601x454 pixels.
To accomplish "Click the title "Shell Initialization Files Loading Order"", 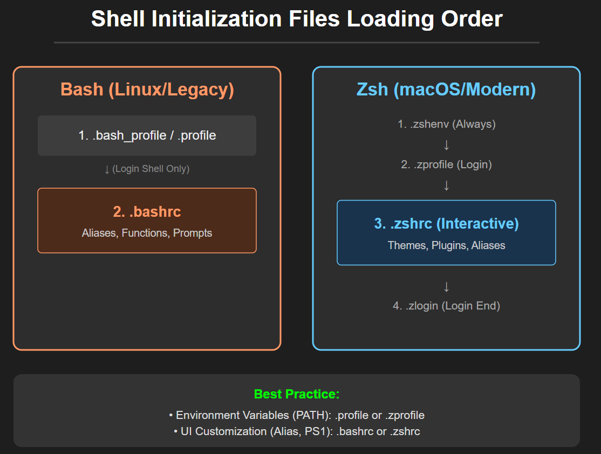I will click(297, 19).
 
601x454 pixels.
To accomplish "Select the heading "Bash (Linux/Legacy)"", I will click(147, 90).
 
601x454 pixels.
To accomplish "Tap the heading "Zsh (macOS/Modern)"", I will click(446, 90).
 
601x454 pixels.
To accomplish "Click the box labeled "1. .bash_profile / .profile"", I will click(147, 135).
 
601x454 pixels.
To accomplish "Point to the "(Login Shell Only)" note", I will click(151, 169).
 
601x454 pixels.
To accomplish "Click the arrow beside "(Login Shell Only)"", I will click(107, 169).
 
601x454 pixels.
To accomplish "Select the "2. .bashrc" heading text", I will click(147, 212).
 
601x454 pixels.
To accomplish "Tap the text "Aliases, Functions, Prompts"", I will click(147, 233).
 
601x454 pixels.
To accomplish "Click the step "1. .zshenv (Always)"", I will click(446, 124).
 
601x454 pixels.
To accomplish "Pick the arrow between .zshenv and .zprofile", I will click(446, 145).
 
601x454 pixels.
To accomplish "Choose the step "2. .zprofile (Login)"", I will click(446, 164).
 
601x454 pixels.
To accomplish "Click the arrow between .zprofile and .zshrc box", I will click(446, 185).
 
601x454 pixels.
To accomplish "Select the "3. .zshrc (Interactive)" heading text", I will click(446, 223).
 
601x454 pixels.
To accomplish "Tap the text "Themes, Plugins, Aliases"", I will click(446, 245).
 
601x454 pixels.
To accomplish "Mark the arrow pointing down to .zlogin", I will click(446, 286).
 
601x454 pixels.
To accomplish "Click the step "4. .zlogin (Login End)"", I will click(446, 306).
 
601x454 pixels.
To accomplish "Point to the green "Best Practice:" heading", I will click(297, 394).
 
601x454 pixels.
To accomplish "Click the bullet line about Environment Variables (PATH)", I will click(297, 415).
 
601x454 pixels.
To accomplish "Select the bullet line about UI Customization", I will click(297, 431).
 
